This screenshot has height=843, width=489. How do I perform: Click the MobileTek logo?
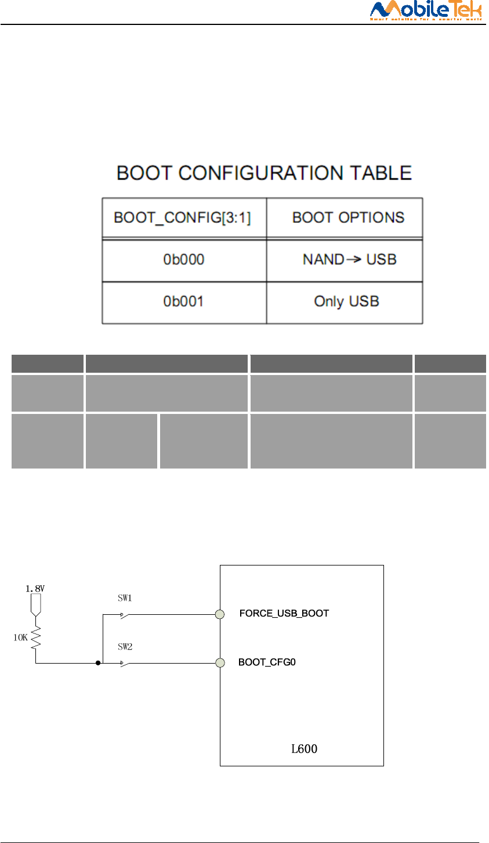(426, 10)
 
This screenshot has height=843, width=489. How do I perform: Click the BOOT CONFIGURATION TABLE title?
(264, 173)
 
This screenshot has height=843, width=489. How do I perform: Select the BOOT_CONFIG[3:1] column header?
(182, 218)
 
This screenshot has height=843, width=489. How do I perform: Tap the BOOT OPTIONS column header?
(348, 218)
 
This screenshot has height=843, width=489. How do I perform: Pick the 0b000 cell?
(183, 260)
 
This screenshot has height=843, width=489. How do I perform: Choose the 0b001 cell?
(183, 302)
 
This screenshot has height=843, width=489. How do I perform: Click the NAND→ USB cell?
(349, 260)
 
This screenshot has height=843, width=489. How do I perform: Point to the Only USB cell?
(346, 302)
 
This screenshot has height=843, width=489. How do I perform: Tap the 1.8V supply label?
(35, 588)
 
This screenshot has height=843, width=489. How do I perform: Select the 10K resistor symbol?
(36, 637)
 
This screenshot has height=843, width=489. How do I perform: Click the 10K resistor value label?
(20, 637)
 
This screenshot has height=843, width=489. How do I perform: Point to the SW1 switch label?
(125, 598)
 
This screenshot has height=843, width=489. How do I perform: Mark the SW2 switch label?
(125, 646)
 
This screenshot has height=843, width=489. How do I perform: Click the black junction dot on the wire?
(98, 662)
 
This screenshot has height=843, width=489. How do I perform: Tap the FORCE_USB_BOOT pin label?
(284, 614)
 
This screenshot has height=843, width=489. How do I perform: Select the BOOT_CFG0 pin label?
(267, 662)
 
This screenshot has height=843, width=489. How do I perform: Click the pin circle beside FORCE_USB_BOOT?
(220, 614)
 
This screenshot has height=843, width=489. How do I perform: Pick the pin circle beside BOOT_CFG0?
(220, 662)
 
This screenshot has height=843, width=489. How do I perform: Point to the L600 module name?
(304, 749)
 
